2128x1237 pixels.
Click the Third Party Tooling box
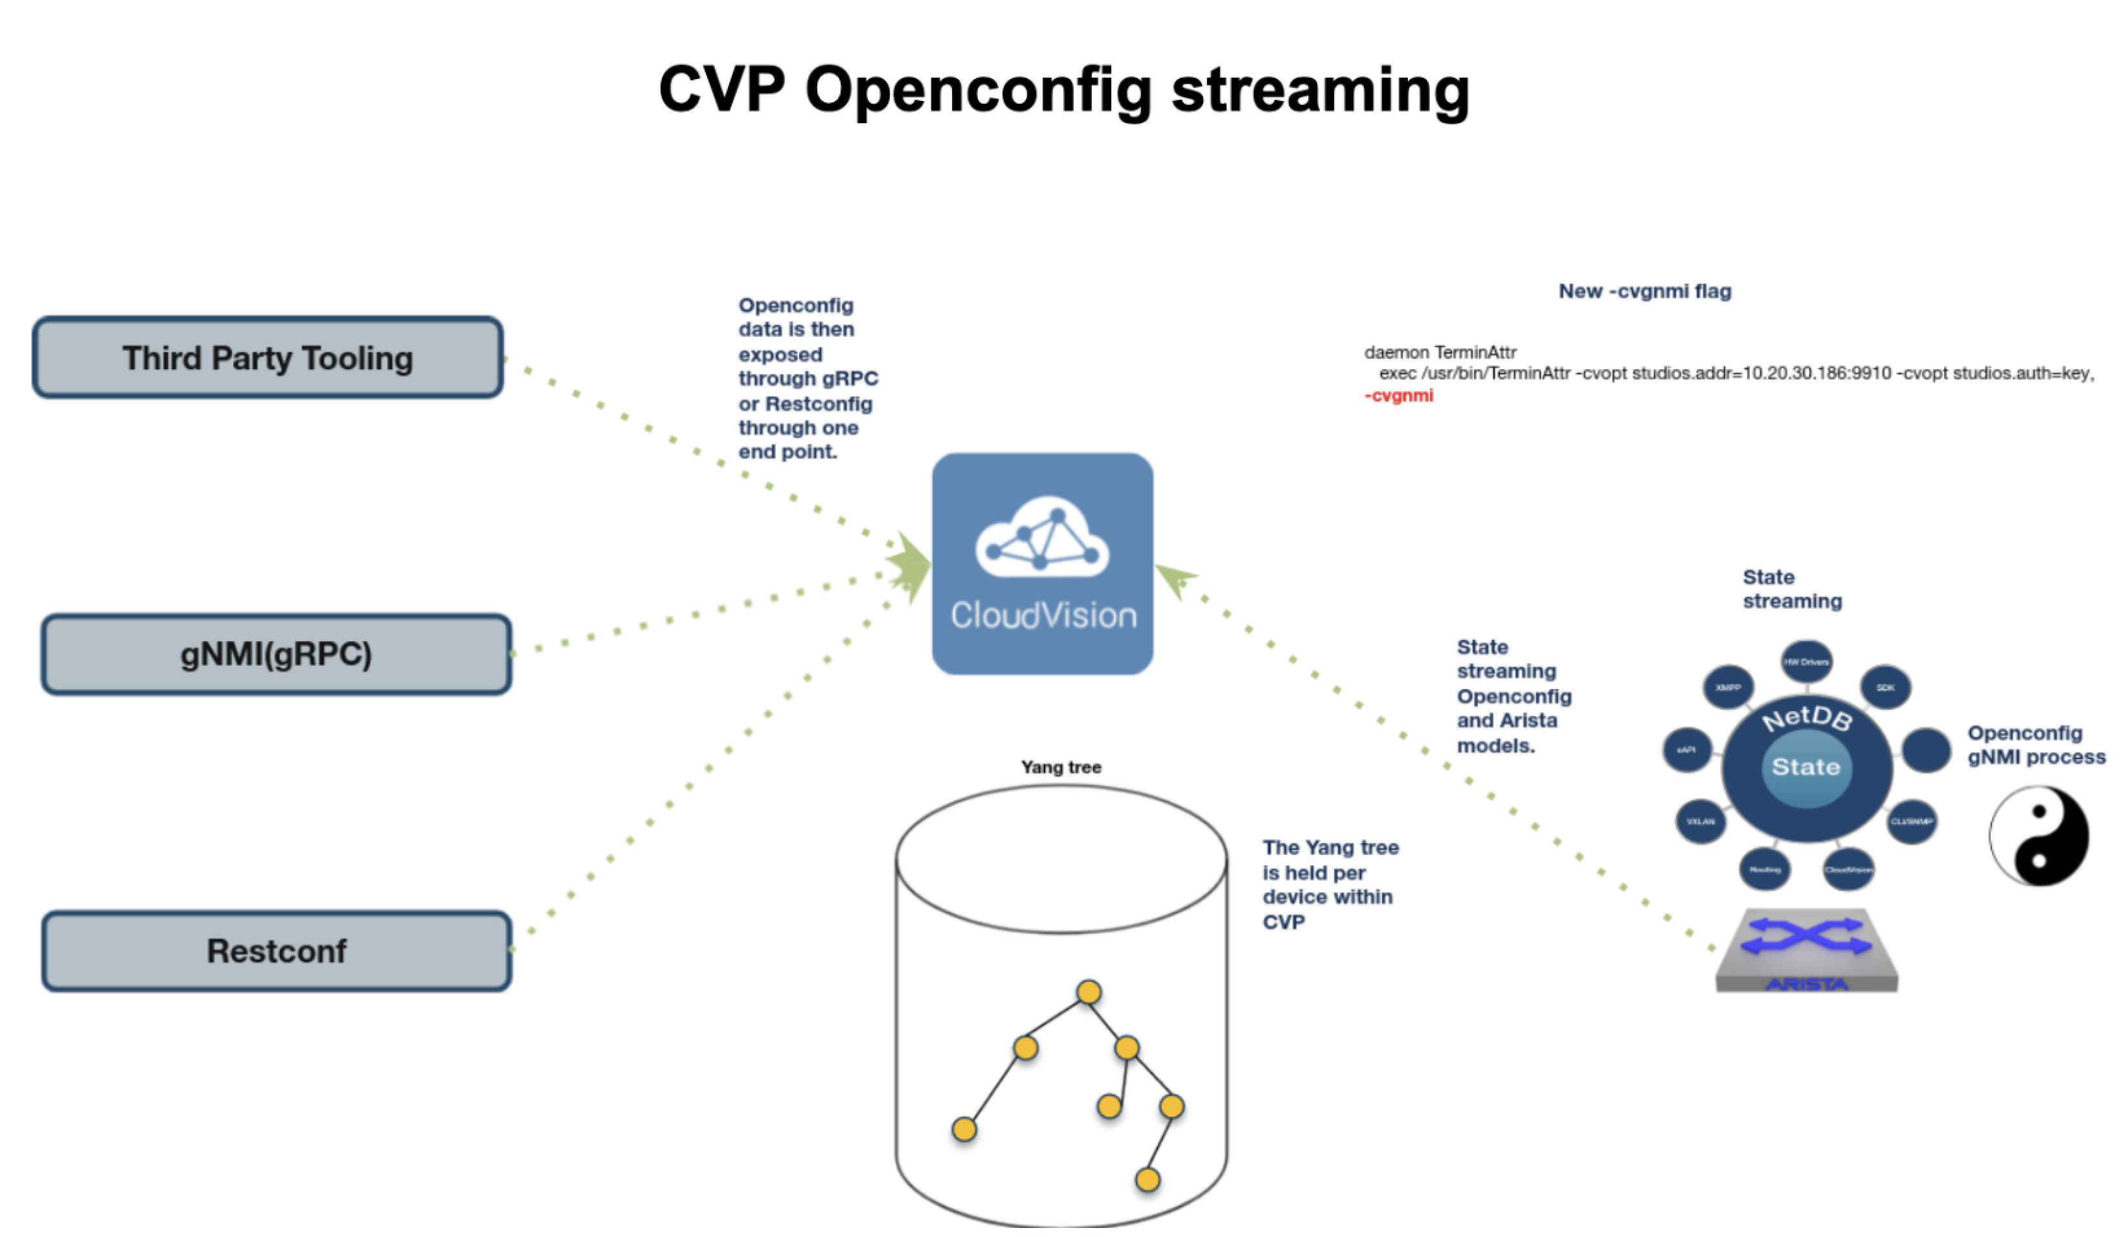(x=267, y=358)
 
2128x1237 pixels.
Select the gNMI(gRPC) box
(x=276, y=654)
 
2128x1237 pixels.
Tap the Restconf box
(x=276, y=951)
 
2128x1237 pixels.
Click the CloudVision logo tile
(x=1042, y=563)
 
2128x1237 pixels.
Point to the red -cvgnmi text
(x=1398, y=395)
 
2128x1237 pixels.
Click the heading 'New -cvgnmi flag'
(x=1644, y=291)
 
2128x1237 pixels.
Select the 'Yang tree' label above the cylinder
(x=1061, y=767)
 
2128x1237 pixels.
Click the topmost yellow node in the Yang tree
(x=1089, y=992)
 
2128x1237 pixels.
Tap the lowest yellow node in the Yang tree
(x=1147, y=1179)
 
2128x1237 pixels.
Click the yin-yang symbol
(x=2039, y=836)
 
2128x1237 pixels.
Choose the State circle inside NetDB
(x=1805, y=767)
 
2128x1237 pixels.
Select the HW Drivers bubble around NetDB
(x=1806, y=662)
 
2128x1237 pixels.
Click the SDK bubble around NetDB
(x=1886, y=687)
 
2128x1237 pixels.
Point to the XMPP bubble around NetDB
(x=1728, y=687)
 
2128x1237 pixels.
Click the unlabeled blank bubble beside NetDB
(x=1926, y=750)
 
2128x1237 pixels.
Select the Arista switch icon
(x=1806, y=950)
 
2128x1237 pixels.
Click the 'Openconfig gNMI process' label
(x=2035, y=745)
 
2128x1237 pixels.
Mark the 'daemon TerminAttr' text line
(x=1440, y=352)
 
